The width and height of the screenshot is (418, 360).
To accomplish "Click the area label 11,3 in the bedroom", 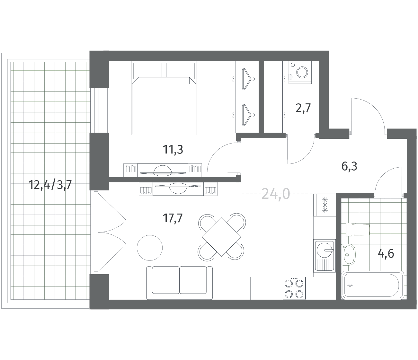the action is pyautogui.click(x=173, y=150).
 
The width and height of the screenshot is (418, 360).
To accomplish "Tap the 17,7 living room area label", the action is pyautogui.click(x=173, y=218).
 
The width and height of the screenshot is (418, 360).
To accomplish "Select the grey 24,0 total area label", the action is pyautogui.click(x=276, y=194).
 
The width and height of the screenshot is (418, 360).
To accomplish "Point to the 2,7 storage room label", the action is pyautogui.click(x=303, y=108).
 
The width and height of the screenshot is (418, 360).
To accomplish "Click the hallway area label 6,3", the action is pyautogui.click(x=349, y=166).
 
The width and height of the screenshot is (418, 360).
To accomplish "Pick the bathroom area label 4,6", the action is pyautogui.click(x=386, y=254).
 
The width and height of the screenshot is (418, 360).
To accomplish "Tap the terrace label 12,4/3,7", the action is pyautogui.click(x=50, y=185).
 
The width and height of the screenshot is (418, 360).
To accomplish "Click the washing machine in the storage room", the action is pyautogui.click(x=300, y=72).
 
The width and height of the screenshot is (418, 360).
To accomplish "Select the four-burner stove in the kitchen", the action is pyautogui.click(x=294, y=288).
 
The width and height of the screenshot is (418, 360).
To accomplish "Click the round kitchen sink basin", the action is pyautogui.click(x=325, y=250).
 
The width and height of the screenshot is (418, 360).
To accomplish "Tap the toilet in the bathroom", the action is pyautogui.click(x=358, y=229).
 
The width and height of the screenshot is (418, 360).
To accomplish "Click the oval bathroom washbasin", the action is pyautogui.click(x=348, y=255).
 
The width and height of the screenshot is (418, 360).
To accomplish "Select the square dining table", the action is pyautogui.click(x=221, y=237).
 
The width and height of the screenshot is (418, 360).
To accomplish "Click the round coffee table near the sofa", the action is pyautogui.click(x=150, y=248).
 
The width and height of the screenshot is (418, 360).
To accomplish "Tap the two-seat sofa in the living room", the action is pyautogui.click(x=179, y=283).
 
